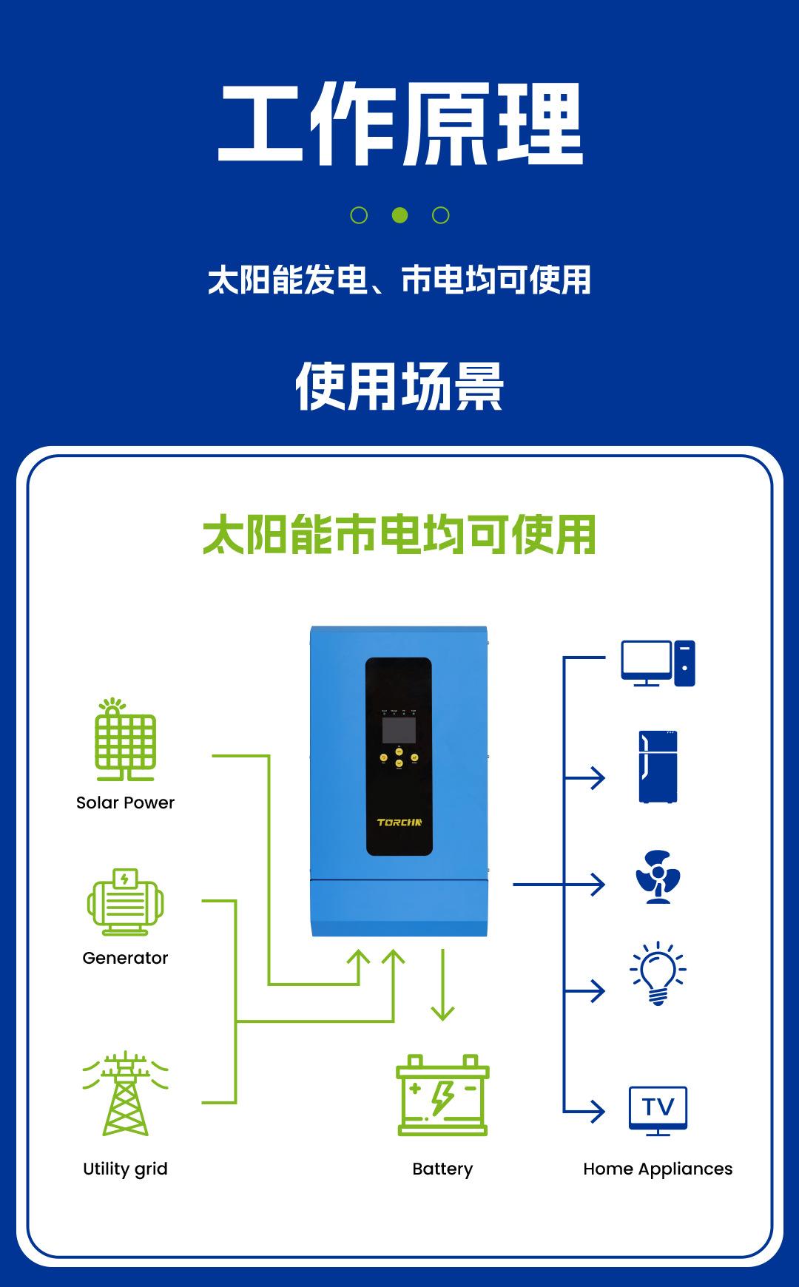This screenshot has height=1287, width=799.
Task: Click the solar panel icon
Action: (125, 740)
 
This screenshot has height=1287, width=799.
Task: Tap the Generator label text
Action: (125, 958)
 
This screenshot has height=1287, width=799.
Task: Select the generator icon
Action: (125, 902)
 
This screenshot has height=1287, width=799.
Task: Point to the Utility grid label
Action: (125, 1169)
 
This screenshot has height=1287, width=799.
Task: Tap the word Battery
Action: (442, 1169)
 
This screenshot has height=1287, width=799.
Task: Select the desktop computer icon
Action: (658, 663)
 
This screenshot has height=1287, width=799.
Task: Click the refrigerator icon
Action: (658, 767)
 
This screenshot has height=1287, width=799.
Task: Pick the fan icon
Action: (658, 876)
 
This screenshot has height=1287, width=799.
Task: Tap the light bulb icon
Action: (658, 973)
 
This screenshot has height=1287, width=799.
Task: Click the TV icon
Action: (658, 1109)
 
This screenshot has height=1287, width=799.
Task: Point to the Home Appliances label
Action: (658, 1169)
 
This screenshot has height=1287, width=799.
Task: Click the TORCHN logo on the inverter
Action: (399, 822)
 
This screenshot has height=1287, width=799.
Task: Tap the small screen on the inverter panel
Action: (398, 730)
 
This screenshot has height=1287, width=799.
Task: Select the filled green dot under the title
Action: (399, 215)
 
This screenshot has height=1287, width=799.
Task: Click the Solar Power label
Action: (125, 803)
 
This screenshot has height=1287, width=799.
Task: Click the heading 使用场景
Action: (399, 386)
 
